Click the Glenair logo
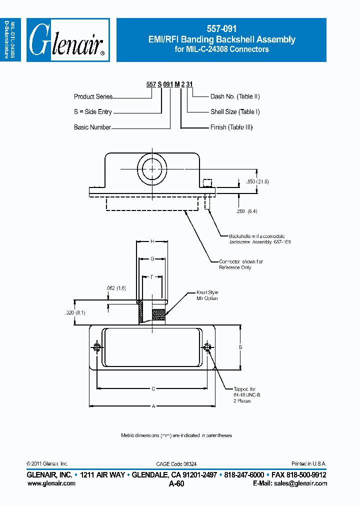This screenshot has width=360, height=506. point(67,40)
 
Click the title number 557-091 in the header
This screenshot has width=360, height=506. point(221,29)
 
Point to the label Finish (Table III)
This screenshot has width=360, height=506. point(231,127)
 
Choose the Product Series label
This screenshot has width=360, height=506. point(93,96)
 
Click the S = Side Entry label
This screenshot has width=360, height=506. point(93,112)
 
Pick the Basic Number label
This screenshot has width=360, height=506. point(92,127)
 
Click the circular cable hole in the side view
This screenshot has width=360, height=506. point(151,169)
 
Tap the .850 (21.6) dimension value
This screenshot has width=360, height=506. point(257,182)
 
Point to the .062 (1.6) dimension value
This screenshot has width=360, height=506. point(115,288)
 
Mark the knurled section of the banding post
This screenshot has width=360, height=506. point(158,315)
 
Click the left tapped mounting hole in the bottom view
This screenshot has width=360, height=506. point(97,348)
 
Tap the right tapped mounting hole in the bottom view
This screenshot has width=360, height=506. point(207,348)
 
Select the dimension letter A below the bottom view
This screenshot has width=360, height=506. point(153,406)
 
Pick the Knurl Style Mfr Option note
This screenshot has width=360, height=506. point(207,295)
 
